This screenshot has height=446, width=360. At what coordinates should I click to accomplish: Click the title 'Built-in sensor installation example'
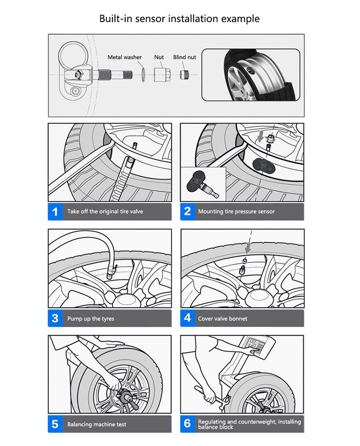coord(179,18)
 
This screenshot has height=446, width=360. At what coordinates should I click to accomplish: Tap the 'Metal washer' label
coord(124,57)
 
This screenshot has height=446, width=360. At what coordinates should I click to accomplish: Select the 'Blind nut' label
coord(184,57)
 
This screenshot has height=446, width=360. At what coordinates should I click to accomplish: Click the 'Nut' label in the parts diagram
coord(159,57)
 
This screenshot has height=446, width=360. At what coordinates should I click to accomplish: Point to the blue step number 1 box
coord(55,212)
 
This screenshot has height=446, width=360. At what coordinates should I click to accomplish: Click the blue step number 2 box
coord(188,212)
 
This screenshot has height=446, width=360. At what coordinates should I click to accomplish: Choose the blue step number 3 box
coord(55,318)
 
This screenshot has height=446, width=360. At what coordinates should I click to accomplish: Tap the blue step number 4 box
coord(188,318)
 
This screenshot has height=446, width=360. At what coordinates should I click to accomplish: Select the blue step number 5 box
coord(55,424)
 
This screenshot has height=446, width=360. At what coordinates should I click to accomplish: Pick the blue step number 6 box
coord(188,424)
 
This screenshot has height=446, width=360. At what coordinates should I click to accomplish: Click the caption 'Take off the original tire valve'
coord(105,212)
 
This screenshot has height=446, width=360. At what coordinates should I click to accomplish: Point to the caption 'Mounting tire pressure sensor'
coord(236,212)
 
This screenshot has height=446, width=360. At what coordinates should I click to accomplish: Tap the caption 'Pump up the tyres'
coord(90,319)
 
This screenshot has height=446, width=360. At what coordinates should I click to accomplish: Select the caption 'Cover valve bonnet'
coord(222,319)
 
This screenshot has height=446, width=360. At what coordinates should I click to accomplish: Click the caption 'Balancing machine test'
coord(96,424)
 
